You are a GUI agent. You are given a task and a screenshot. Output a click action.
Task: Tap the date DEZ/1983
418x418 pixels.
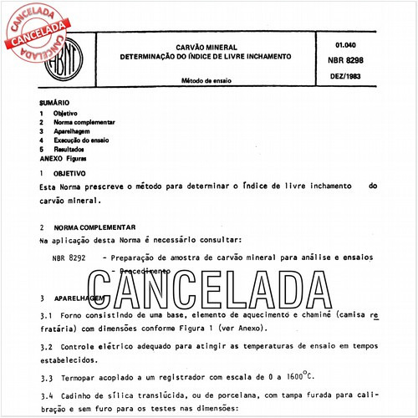[x=346, y=76]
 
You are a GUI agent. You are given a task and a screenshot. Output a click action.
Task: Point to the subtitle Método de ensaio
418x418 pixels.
[x=207, y=80]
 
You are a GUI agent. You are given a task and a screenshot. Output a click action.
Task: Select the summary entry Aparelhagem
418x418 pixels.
[x=74, y=130]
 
